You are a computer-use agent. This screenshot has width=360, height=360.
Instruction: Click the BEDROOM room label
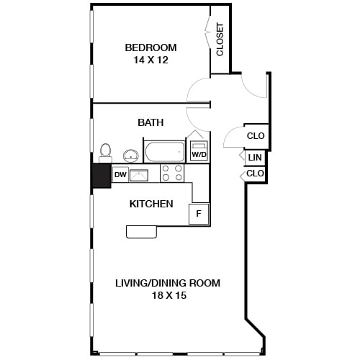[x=150, y=48]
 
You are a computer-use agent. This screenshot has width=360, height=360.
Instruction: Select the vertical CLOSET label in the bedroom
[x=220, y=40]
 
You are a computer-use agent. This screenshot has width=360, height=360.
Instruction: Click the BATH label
[x=150, y=122]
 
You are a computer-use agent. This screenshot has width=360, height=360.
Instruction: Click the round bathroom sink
[x=131, y=155]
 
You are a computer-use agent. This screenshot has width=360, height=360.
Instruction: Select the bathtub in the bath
[x=165, y=152]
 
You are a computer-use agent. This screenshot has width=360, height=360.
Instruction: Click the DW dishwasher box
[x=120, y=174]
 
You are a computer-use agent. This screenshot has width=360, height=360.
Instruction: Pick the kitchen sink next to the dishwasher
[x=138, y=174]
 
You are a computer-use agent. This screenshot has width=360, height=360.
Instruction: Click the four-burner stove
[x=171, y=173]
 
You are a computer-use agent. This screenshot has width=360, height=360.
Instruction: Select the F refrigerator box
[x=199, y=214]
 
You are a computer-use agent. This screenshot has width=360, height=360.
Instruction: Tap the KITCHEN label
[x=150, y=204]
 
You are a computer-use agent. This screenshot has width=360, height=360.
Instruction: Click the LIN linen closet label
[x=254, y=158]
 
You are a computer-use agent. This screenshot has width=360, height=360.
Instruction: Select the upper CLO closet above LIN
[x=255, y=135]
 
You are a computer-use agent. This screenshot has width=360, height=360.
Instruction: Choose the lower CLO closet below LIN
[x=255, y=174]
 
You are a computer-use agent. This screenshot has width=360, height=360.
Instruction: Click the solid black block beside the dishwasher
[x=101, y=175]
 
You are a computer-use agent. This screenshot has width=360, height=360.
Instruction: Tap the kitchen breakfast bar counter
[x=142, y=231]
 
